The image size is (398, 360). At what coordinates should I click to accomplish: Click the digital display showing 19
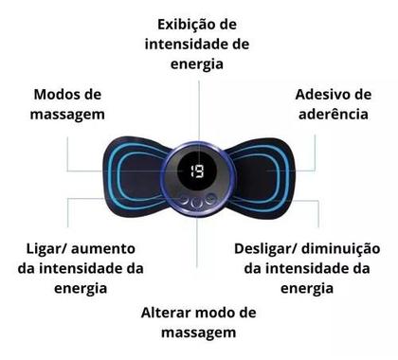tap(197, 172)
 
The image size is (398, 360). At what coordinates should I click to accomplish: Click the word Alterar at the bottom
tap(170, 312)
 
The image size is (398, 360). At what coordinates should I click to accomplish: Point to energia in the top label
tap(198, 64)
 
